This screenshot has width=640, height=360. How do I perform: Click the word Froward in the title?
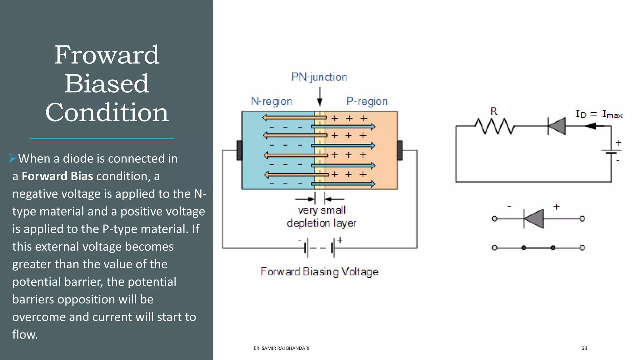[107, 55]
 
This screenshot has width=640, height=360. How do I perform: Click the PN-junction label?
[319, 77]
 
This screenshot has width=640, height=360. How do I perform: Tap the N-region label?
[271, 101]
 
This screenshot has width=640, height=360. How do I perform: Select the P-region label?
[367, 101]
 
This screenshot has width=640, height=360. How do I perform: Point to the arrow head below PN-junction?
[319, 102]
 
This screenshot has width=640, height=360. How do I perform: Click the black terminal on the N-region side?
[240, 150]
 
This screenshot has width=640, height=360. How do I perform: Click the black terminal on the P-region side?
[400, 150]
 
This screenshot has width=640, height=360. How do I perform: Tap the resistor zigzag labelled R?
[494, 126]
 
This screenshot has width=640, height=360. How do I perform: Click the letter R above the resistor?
[494, 111]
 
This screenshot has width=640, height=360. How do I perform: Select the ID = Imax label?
[599, 114]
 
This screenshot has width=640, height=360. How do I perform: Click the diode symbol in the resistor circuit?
[557, 126]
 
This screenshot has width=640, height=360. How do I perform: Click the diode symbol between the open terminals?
[534, 219]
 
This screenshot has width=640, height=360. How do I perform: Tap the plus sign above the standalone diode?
[556, 207]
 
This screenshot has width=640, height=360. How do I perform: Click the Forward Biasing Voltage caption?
[319, 272]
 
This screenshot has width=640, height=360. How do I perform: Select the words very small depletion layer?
[322, 217]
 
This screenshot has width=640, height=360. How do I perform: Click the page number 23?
[584, 348]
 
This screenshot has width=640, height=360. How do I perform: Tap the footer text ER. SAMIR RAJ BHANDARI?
[281, 348]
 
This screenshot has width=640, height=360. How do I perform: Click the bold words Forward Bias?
[57, 176]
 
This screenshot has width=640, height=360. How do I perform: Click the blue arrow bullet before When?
[12, 158]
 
